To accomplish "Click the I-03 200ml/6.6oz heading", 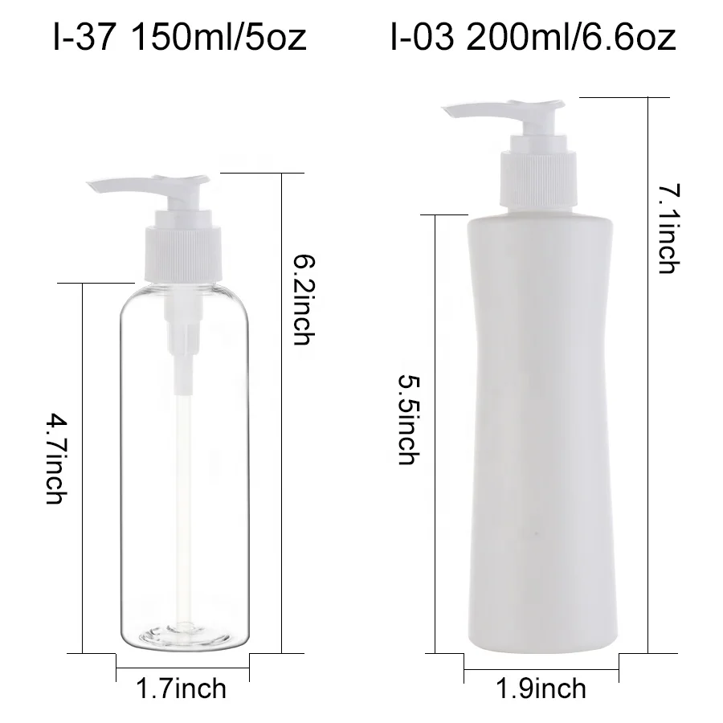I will click(532, 37).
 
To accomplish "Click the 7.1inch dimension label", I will click(667, 227).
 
